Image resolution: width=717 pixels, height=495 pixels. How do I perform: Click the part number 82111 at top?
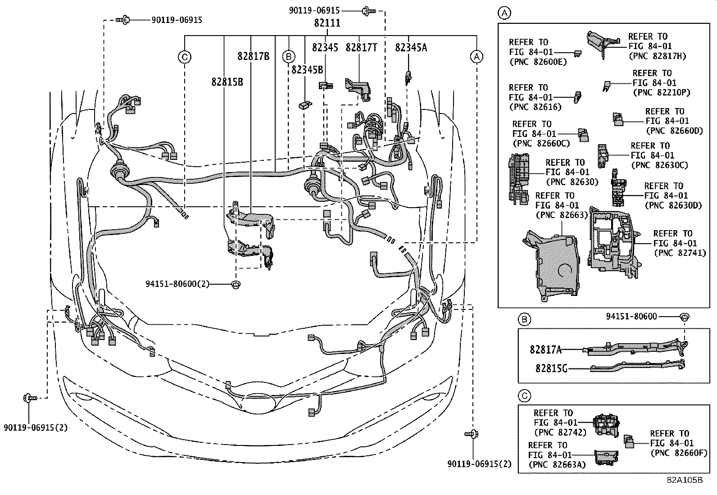tap(327, 23)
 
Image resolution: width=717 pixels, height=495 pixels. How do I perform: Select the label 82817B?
tap(254, 56)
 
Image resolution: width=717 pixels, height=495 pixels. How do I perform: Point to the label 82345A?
tap(410, 47)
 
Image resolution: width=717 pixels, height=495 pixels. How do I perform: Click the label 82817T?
tap(361, 47)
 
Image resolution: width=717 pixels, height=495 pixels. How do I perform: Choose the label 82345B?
tap(307, 69)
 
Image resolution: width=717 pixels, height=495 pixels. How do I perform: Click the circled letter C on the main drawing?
tap(184, 57)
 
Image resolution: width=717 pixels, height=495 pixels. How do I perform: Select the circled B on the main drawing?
tap(288, 57)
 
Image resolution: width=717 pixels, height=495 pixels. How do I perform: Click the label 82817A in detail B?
tap(545, 349)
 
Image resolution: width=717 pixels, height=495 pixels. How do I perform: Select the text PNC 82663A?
tap(557, 464)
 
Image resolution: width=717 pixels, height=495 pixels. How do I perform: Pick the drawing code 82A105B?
tap(685, 480)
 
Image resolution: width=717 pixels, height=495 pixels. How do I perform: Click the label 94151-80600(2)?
tap(177, 284)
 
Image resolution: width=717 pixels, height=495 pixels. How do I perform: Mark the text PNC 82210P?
tap(661, 92)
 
